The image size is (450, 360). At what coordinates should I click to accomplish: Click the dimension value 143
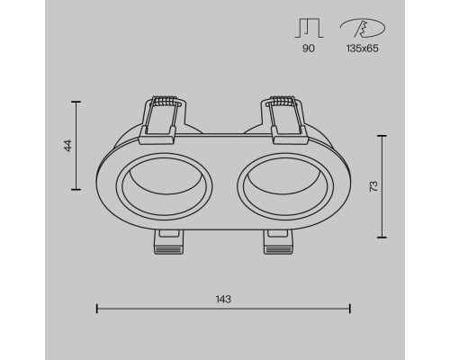[223, 299]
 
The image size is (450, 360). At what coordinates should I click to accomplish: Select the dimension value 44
[68, 146]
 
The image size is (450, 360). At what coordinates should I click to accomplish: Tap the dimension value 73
[373, 186]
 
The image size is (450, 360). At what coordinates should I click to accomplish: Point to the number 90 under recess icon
[309, 49]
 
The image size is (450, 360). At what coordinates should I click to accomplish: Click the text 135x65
[363, 49]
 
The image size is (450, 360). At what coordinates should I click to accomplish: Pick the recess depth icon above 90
[309, 28]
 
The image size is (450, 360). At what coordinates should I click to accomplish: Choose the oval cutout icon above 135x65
[363, 28]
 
